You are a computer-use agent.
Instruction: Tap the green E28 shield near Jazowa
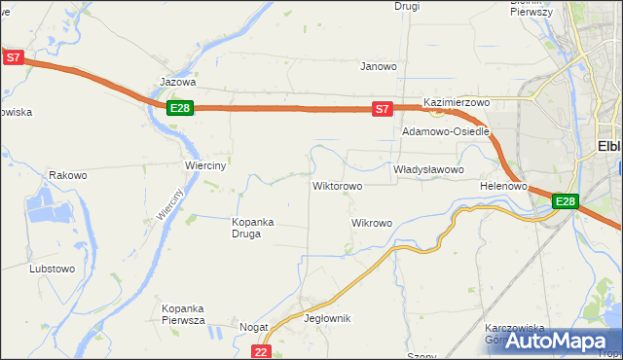click(x=179, y=108)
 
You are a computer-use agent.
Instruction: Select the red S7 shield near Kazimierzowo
click(x=383, y=109)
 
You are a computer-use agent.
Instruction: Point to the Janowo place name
click(x=379, y=67)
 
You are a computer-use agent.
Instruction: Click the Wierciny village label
click(x=205, y=165)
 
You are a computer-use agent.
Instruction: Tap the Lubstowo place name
click(x=53, y=268)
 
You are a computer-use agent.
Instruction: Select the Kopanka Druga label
click(x=253, y=228)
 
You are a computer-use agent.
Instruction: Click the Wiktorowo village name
click(x=337, y=185)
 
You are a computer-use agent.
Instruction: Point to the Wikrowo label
click(x=371, y=223)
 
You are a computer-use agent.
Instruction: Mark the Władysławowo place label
click(x=427, y=169)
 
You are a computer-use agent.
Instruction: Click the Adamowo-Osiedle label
click(x=446, y=131)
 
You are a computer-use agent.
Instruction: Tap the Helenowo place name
click(x=503, y=185)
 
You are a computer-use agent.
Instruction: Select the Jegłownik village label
click(x=327, y=319)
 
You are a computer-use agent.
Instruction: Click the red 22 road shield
click(x=260, y=351)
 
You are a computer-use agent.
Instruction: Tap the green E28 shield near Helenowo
click(x=566, y=201)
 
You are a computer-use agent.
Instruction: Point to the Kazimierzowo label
click(x=456, y=102)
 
